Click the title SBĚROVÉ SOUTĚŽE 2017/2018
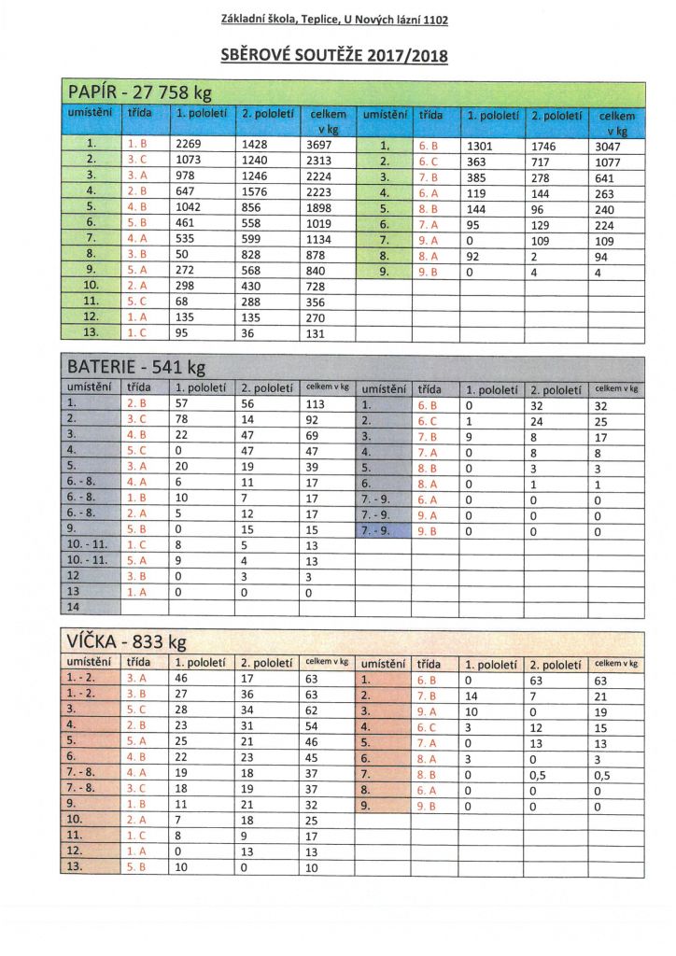(x=334, y=56)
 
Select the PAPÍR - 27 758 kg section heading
(x=140, y=93)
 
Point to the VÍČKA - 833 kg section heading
(x=127, y=641)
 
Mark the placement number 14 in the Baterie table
(x=74, y=607)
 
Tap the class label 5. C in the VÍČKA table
(x=137, y=711)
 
